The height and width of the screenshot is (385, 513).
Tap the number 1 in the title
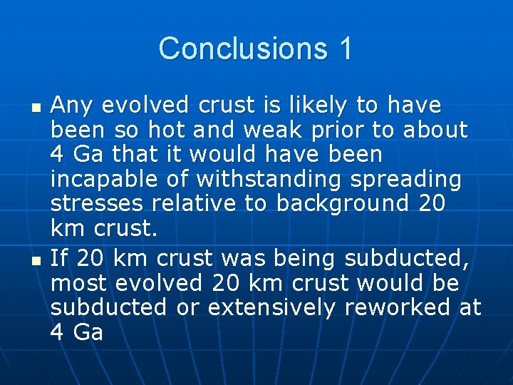(x=345, y=48)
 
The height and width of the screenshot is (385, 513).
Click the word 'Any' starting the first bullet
(x=73, y=106)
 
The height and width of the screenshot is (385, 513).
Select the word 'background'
(x=341, y=204)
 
